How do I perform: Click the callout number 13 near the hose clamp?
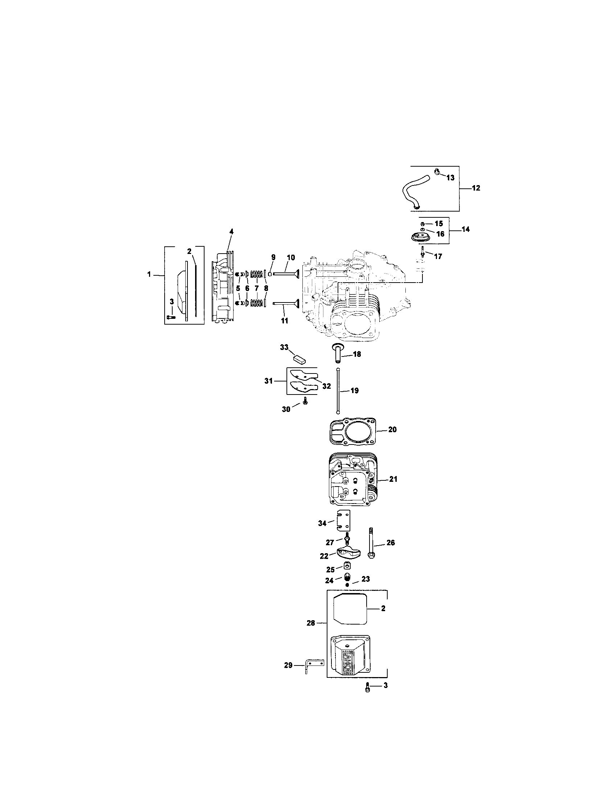[x=450, y=178]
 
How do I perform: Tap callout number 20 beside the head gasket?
[x=392, y=430]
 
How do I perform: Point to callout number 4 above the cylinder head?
[x=231, y=231]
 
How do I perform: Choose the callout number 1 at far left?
[x=149, y=274]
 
